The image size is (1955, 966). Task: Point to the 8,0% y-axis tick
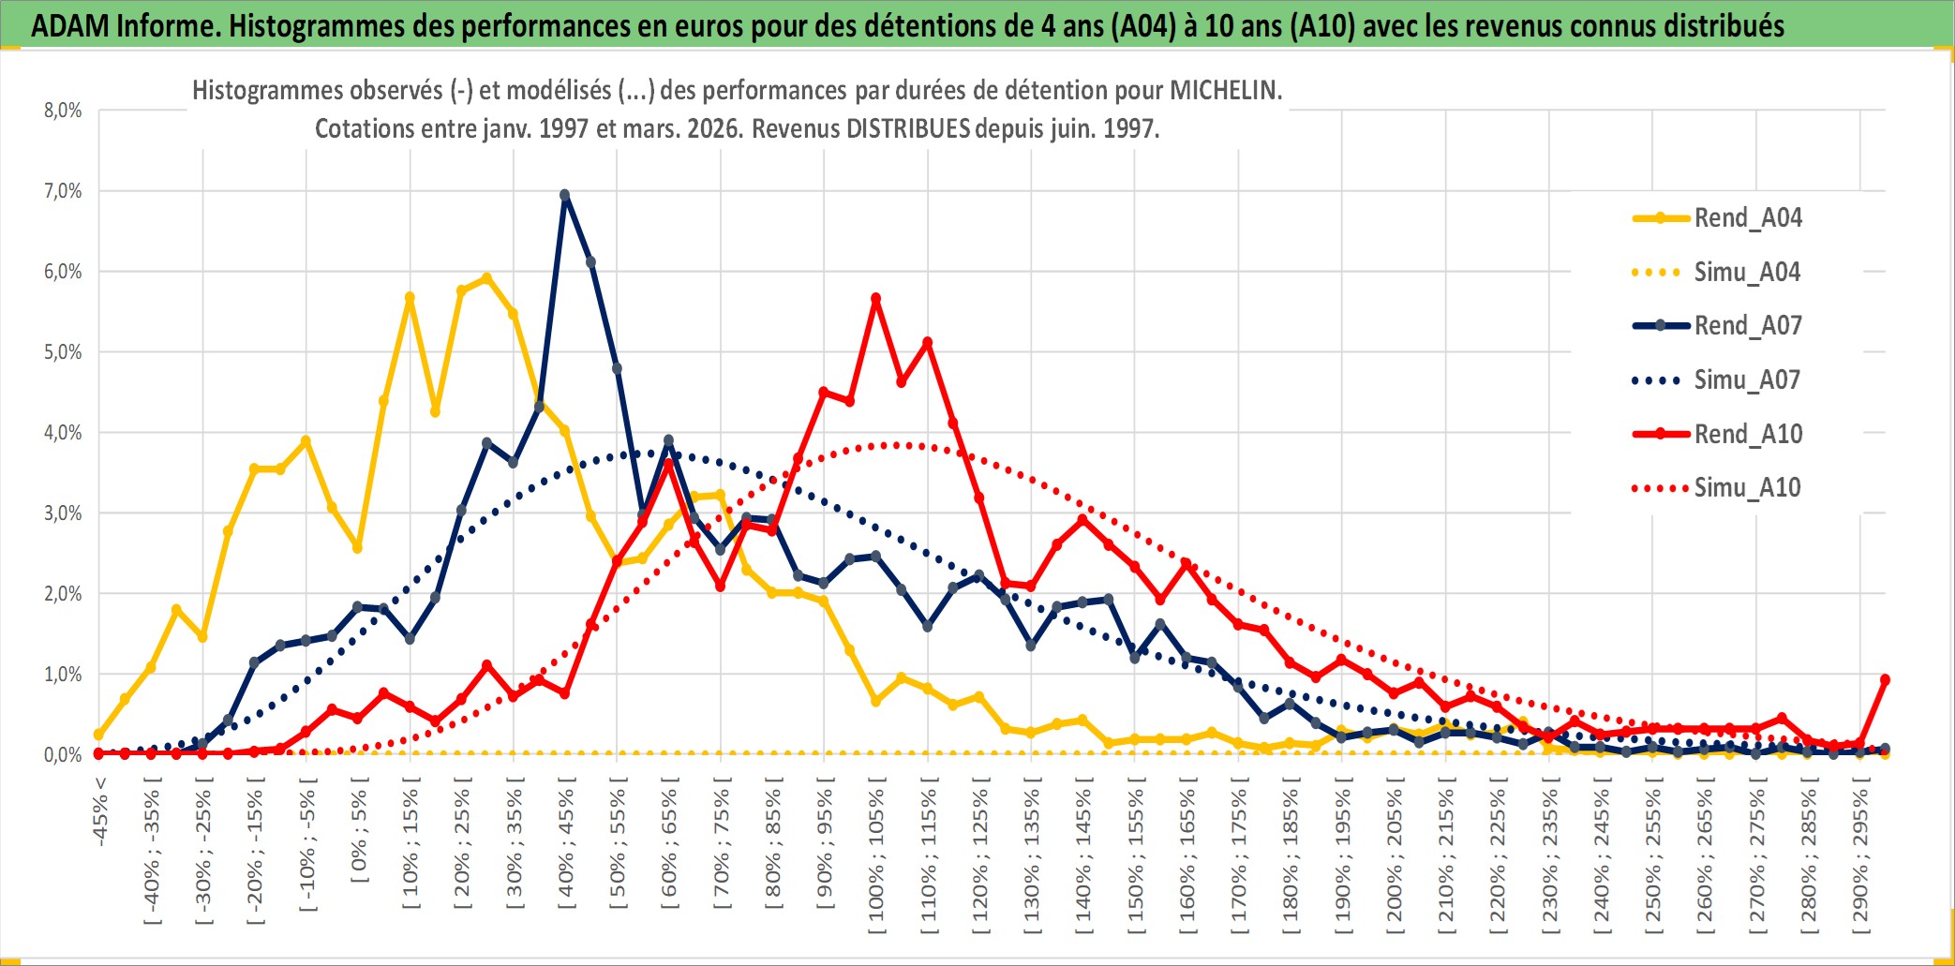pos(63,111)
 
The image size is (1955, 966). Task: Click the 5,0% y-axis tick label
pos(63,352)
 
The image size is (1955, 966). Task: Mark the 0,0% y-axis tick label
pos(63,755)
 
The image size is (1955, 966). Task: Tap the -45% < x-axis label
pos(100,811)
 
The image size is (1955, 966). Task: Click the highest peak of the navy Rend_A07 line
pos(564,195)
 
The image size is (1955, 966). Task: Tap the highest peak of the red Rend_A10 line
pos(875,299)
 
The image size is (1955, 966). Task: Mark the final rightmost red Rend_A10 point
pos(1885,679)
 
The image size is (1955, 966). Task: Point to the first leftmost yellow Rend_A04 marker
pos(99,735)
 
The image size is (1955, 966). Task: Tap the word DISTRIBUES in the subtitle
pos(908,128)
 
